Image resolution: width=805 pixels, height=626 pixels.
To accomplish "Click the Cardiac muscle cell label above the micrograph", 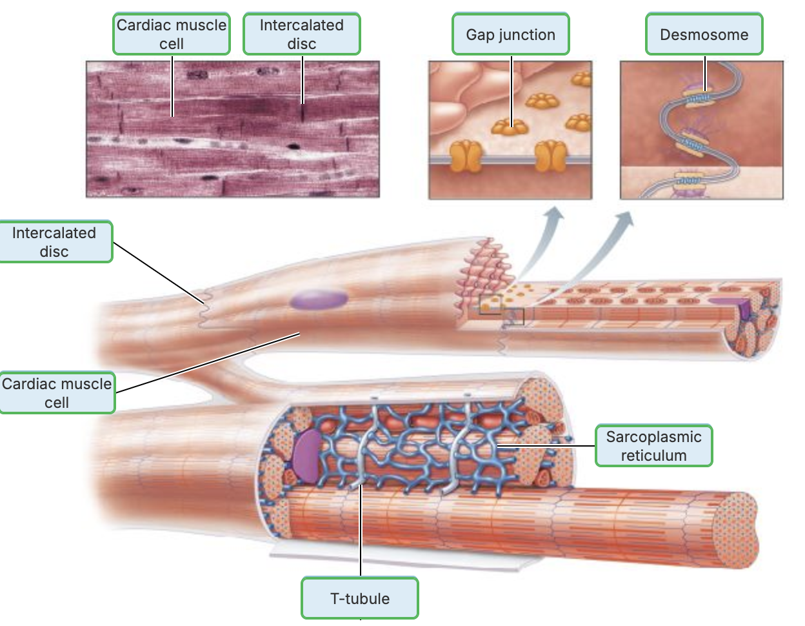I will coord(172,34).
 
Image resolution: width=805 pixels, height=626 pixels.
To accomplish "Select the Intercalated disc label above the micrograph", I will coord(301,34).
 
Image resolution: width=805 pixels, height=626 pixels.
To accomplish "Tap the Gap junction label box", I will coord(510,34).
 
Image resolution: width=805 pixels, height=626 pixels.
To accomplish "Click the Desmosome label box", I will coord(704,34).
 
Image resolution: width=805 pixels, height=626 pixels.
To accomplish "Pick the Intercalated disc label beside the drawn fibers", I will coord(54,242).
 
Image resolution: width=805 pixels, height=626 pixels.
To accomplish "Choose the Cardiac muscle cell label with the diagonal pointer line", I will coord(57,392).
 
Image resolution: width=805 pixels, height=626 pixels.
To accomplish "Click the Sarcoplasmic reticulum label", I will coord(653,445).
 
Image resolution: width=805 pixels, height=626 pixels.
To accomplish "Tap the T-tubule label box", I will coord(359,598).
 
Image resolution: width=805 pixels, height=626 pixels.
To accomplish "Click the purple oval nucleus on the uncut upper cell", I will coord(319,299).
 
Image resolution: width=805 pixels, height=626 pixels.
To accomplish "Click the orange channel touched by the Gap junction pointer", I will coord(510,126).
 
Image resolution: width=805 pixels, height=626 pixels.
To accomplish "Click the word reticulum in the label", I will coord(653,455).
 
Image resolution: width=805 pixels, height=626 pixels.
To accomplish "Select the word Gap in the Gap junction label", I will coord(479,35).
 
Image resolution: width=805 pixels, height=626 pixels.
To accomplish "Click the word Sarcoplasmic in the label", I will coord(653,436).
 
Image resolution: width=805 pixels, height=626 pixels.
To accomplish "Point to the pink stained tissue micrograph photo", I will coord(232,129).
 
